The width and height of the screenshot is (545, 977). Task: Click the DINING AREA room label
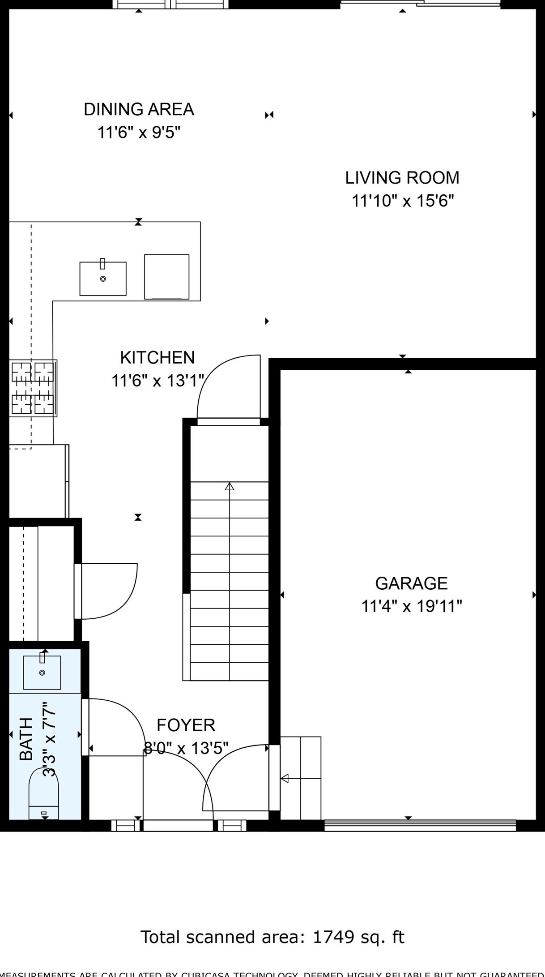(x=139, y=110)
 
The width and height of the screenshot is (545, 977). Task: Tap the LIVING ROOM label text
(x=402, y=178)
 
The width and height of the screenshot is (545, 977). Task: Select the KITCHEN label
(x=158, y=358)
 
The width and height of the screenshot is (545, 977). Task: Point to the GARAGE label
(x=411, y=583)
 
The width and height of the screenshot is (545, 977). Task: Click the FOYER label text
(x=186, y=725)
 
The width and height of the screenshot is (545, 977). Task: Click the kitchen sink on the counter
(x=103, y=279)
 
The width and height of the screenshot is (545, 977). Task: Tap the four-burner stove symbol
(x=33, y=388)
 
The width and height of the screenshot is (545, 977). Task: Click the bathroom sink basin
(x=42, y=673)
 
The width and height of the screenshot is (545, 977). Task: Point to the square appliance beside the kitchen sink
(x=166, y=277)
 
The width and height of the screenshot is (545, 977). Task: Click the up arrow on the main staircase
(x=230, y=487)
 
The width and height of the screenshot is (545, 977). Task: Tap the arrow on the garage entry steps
(x=285, y=779)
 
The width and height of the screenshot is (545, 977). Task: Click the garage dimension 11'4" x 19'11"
(x=411, y=607)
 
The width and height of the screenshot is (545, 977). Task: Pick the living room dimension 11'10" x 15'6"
(x=402, y=201)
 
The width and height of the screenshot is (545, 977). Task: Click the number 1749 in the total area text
(x=333, y=937)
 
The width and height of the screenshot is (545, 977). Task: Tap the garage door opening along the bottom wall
(x=420, y=825)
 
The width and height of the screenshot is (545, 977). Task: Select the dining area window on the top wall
(x=170, y=4)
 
